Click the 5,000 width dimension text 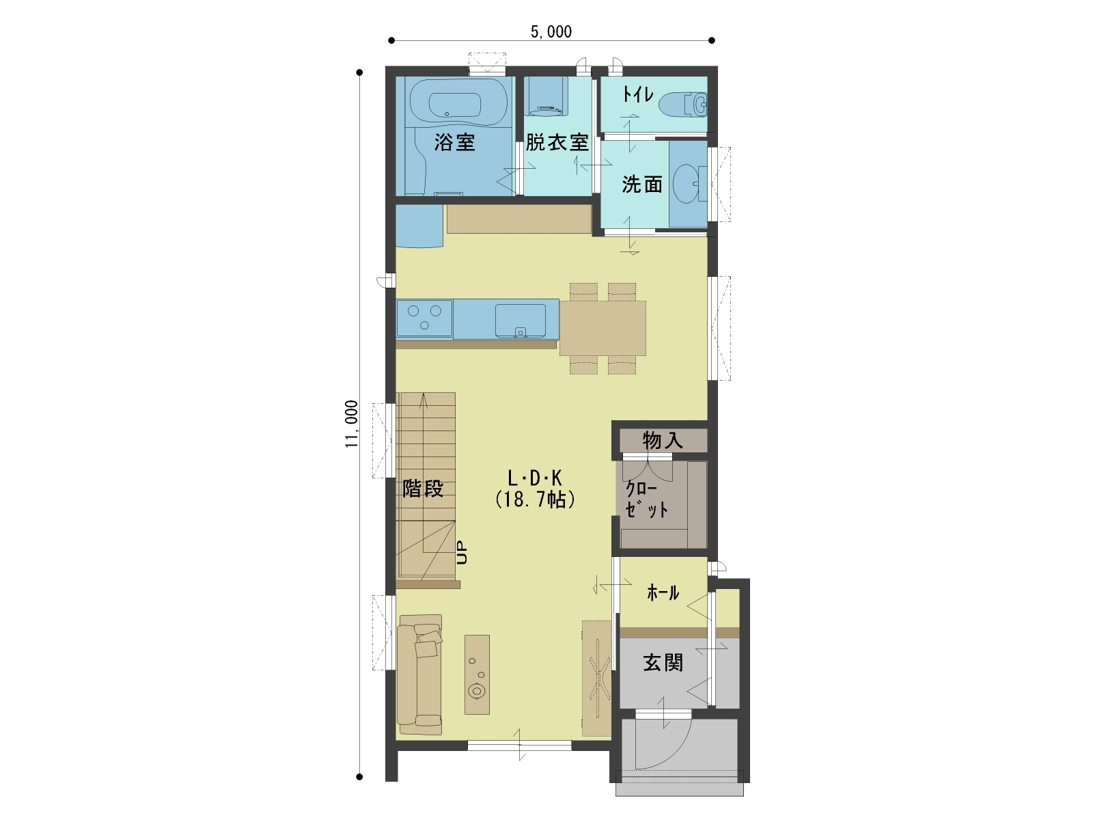tap(551, 32)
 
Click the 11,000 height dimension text tap(352, 424)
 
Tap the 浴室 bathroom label tap(455, 142)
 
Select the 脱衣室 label tap(557, 142)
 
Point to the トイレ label tap(638, 94)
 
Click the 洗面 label tap(642, 184)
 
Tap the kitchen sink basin tap(521, 321)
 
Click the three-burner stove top tap(424, 318)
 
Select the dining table tap(603, 328)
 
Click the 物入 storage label tap(662, 441)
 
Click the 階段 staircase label tap(423, 489)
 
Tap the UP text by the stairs tap(462, 552)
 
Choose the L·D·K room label tap(535, 478)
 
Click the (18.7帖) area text tap(536, 500)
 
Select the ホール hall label tap(663, 592)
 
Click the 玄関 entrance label tap(663, 663)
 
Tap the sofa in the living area tap(419, 674)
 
